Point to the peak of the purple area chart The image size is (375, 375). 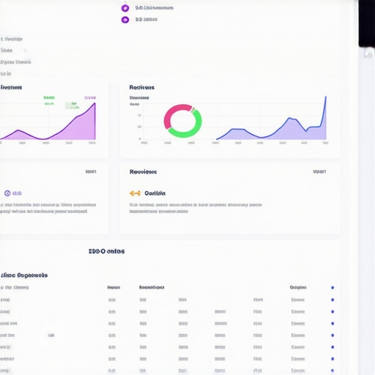coord(94,105)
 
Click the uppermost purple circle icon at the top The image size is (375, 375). coord(125,8)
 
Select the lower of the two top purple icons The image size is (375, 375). coord(125,20)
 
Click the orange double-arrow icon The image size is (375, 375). coord(135,193)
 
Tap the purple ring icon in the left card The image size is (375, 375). coord(7,193)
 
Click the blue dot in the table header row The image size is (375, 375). coord(332,288)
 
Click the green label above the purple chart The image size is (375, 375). coord(49,97)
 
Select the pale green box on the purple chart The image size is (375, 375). coord(72,106)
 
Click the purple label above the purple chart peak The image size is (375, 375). coord(89,97)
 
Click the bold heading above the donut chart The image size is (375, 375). coord(142,87)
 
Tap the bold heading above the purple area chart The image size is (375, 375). coord(11,87)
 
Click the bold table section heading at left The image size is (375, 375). coord(24,275)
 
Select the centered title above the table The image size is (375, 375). coord(106,251)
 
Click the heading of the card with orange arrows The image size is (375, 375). coord(143,172)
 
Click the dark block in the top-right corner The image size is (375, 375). coord(366,22)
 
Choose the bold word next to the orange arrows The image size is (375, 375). coord(155,193)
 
